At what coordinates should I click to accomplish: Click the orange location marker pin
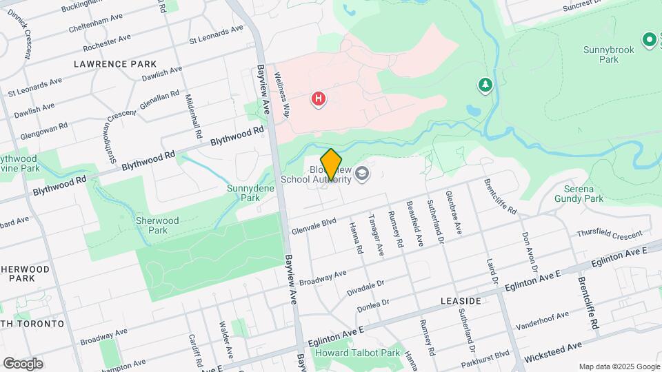[332, 165]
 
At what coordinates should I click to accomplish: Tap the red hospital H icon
[318, 99]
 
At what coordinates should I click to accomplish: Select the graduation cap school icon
[363, 175]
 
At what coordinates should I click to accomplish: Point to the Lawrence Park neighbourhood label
[116, 63]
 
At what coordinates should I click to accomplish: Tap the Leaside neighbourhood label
[461, 302]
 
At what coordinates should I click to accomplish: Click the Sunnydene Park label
[245, 192]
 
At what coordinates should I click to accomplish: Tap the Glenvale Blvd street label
[314, 221]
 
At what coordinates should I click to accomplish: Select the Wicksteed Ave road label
[553, 351]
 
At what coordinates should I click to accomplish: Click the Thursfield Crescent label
[609, 234]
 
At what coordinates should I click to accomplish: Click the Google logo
[23, 363]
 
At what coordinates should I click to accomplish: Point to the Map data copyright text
[619, 366]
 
